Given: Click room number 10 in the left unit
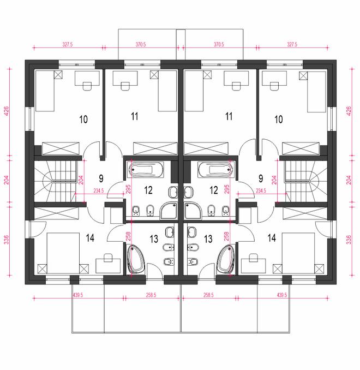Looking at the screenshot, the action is point(83,119).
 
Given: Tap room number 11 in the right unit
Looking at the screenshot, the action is point(229,116).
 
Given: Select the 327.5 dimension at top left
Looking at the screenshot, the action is point(68,44).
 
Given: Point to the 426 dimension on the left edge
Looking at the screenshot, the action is point(6,111).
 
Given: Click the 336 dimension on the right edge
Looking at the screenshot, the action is point(349,239).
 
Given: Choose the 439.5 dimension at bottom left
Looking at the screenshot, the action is point(77,295).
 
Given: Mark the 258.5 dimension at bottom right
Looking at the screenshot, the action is point(208,295).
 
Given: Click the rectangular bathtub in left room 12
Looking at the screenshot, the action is point(146,169).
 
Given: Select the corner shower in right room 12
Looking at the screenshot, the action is point(193,211).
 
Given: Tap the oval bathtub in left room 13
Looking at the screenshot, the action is point(135,259).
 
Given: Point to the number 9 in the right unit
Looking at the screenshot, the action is point(261,178).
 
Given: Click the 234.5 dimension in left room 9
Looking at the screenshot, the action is point(99,190).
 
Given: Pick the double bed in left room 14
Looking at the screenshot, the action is point(63,253).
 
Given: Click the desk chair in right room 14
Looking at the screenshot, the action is point(253,258).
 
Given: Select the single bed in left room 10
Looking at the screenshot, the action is point(45,91).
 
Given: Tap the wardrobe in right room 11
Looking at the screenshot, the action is point(206,148).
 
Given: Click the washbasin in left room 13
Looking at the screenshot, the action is point(169,232).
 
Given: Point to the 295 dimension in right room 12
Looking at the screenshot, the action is point(226,189).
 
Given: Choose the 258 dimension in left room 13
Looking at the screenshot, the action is point(128,236).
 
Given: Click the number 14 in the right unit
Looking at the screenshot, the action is point(272,238).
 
